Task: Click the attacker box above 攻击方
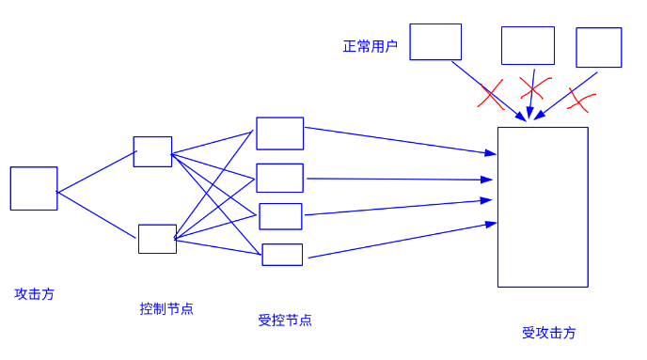(x=34, y=188)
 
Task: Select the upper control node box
(x=152, y=151)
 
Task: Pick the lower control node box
(x=157, y=239)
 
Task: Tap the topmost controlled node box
(x=280, y=133)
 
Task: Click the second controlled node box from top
(x=280, y=178)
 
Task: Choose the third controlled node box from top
(x=280, y=216)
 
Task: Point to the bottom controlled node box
(x=282, y=255)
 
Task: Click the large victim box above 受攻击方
(x=543, y=207)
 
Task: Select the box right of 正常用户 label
(x=435, y=42)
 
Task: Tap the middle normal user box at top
(x=528, y=45)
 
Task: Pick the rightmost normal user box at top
(x=599, y=47)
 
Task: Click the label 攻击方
(x=35, y=294)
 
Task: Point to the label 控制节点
(x=166, y=308)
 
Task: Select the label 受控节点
(x=285, y=320)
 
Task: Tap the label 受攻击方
(x=549, y=333)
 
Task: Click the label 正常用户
(x=371, y=46)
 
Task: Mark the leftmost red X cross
(x=491, y=94)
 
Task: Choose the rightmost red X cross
(x=582, y=97)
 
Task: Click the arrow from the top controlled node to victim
(x=400, y=140)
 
